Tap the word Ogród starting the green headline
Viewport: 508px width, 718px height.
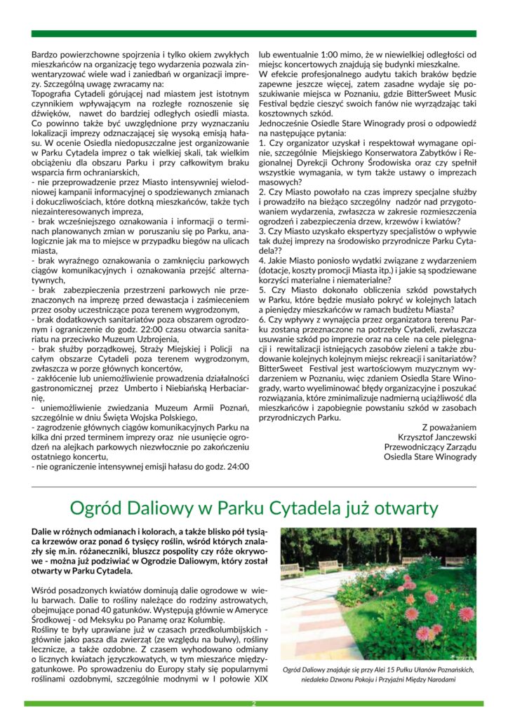pyautogui.click(x=96, y=508)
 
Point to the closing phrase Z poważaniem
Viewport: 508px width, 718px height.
pyautogui.click(x=449, y=426)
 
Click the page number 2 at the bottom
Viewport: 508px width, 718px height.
pyautogui.click(x=254, y=703)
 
